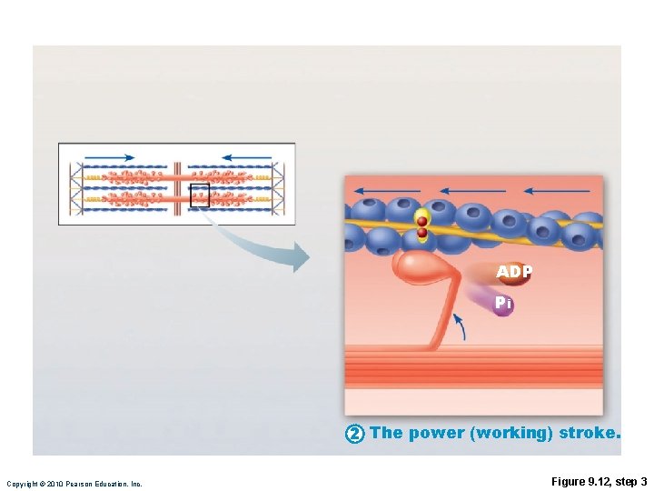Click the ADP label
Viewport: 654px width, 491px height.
513,272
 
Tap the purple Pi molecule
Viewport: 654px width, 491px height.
503,305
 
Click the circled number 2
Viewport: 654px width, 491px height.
355,434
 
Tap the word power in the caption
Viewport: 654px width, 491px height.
436,433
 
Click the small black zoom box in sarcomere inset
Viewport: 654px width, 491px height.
200,195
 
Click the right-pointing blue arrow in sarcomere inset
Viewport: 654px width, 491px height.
109,157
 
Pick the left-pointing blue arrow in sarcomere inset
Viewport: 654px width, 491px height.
246,157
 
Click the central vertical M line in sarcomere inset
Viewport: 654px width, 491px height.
178,184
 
